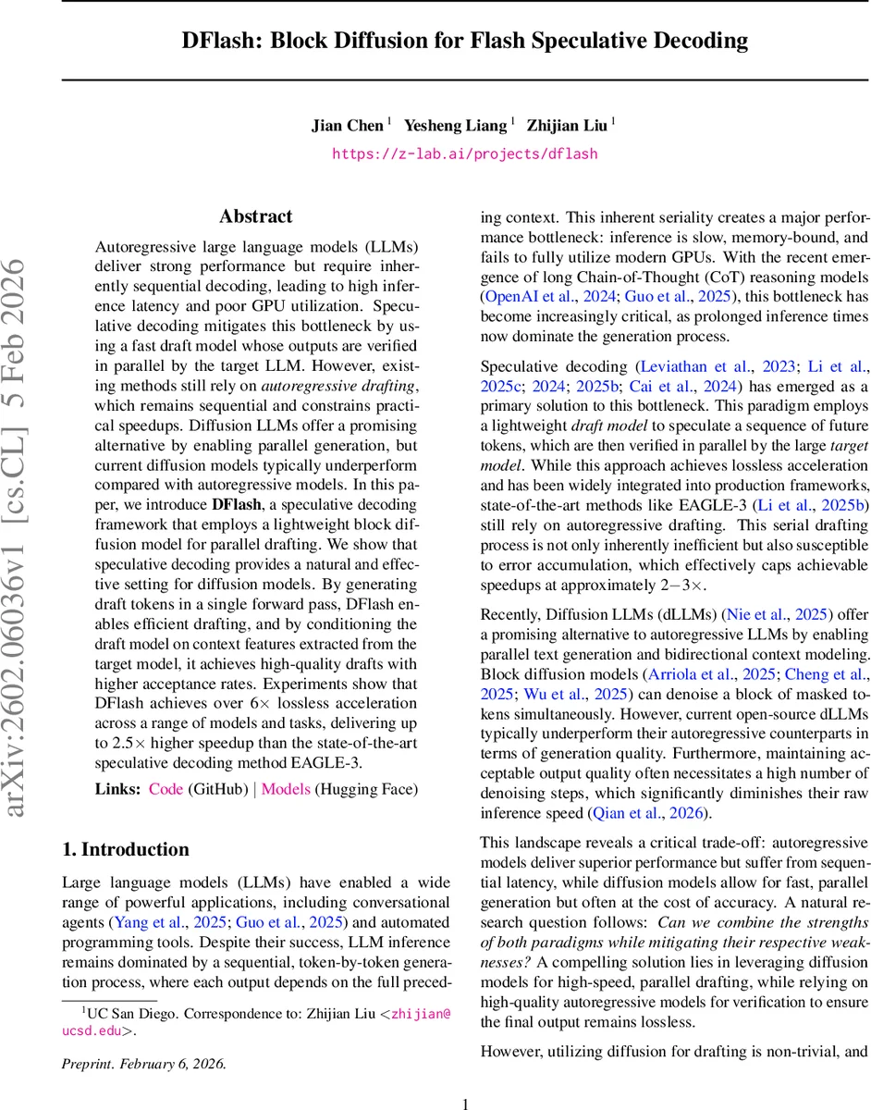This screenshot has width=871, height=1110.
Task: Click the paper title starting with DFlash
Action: click(465, 41)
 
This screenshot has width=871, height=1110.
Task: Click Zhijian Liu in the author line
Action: click(566, 125)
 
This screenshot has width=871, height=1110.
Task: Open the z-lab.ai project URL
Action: click(465, 154)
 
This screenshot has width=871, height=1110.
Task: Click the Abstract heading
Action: click(255, 216)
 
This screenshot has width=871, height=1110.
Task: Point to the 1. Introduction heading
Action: click(125, 849)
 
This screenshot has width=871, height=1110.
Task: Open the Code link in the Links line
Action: click(166, 789)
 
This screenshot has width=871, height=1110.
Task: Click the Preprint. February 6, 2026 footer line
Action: click(143, 1037)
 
